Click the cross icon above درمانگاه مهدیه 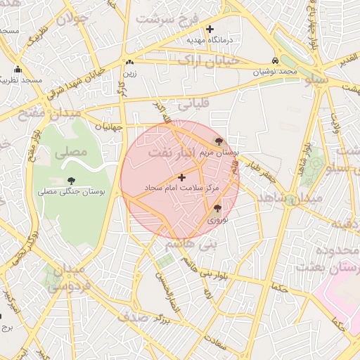point(210,29)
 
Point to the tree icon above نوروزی point(217,208)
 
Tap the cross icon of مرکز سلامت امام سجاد point(182,177)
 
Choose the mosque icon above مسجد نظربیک point(18,70)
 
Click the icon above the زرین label point(130,63)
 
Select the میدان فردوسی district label point(66,278)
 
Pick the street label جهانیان point(108,127)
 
